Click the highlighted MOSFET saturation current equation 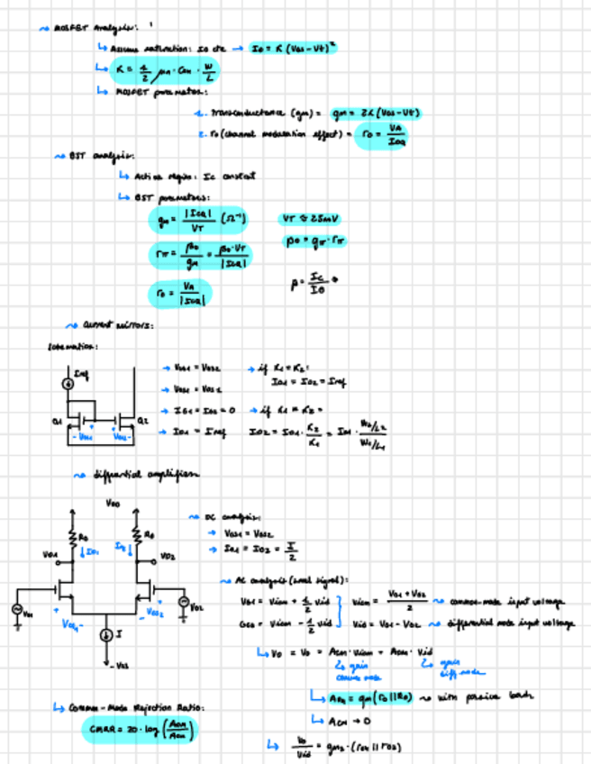click(x=293, y=47)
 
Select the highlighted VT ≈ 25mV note click(x=312, y=219)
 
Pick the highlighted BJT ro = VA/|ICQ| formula click(x=179, y=293)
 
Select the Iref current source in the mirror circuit click(x=68, y=385)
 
